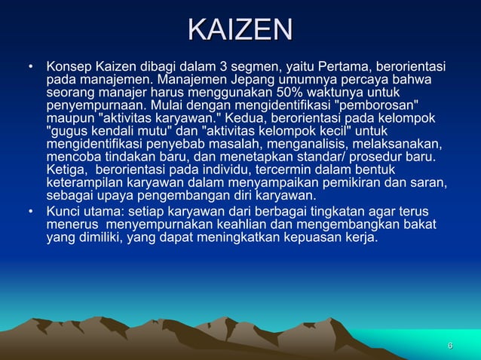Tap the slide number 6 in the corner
(450, 346)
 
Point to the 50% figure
(296, 91)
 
